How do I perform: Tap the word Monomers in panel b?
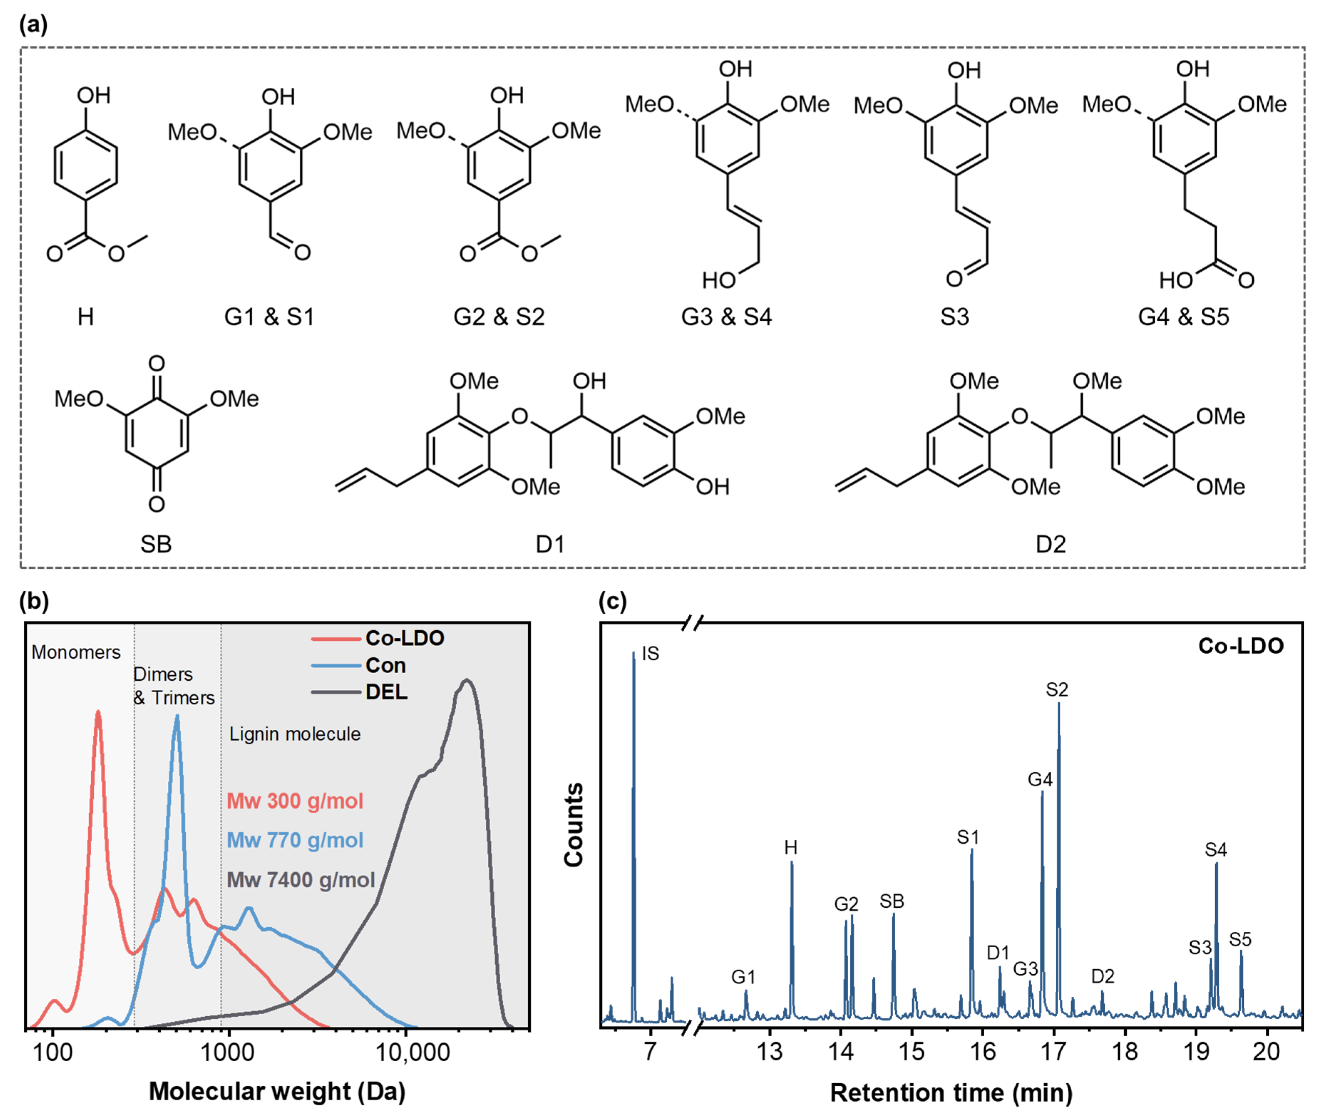click(76, 652)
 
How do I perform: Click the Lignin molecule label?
click(295, 734)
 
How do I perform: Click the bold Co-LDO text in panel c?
click(1240, 646)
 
